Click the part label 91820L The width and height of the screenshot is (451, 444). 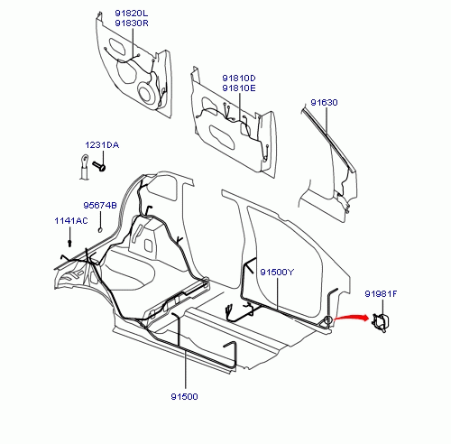(x=132, y=14)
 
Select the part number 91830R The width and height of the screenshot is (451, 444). (x=132, y=23)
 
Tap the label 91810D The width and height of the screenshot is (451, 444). (x=239, y=79)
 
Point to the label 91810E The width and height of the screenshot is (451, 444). (x=239, y=88)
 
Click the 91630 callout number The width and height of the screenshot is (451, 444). (x=324, y=103)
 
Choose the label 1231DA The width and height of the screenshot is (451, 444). (x=102, y=145)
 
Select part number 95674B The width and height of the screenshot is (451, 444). (x=100, y=206)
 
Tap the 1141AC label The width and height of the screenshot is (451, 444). (x=71, y=221)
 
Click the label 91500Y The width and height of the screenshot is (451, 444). (x=277, y=273)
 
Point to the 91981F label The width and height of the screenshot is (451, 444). (x=381, y=293)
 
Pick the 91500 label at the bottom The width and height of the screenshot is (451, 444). (x=184, y=396)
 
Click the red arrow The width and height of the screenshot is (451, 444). (x=351, y=317)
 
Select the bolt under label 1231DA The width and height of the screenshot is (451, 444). (x=99, y=166)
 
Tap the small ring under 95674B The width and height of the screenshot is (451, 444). (x=100, y=230)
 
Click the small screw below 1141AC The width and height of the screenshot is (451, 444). (x=69, y=243)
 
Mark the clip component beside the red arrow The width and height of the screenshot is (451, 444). (x=381, y=322)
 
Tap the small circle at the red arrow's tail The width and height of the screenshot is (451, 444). (x=328, y=320)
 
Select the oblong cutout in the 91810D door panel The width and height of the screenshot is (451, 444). (x=222, y=137)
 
